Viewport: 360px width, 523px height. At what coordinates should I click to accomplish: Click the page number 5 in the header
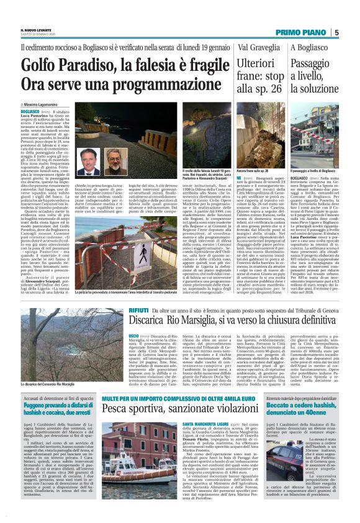tap(336, 32)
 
